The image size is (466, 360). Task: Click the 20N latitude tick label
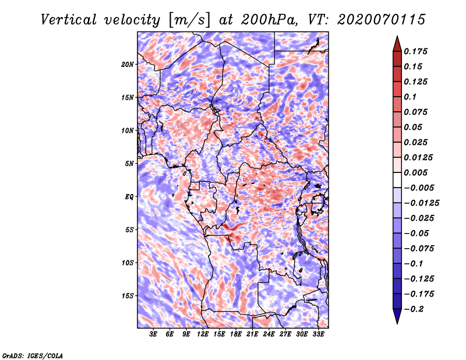128,65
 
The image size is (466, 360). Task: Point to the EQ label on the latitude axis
129,197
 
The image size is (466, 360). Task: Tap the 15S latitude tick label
128,296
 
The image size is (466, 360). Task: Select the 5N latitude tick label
129,164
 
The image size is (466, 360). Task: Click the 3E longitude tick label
153,334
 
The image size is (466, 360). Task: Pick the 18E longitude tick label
236,334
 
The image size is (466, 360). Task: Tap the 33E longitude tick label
318,334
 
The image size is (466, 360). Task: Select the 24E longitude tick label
269,334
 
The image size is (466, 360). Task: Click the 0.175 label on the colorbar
415,51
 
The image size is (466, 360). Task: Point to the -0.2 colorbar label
414,309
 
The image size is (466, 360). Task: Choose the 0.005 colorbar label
415,172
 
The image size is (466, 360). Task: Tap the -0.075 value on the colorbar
419,249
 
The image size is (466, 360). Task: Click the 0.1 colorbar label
410,97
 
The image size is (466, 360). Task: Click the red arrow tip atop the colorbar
397,36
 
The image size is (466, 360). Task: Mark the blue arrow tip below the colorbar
397,323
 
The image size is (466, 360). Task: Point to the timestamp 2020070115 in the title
382,20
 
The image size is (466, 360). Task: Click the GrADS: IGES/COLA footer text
33,355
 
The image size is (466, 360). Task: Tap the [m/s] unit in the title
189,20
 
